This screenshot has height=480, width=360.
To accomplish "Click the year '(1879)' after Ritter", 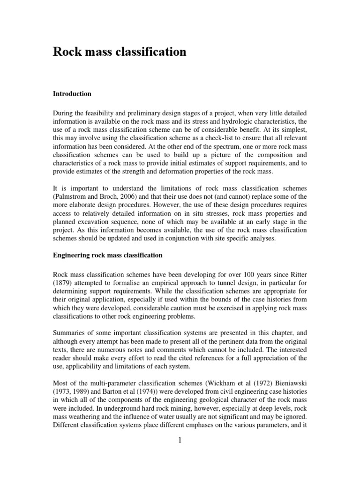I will (64, 283).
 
